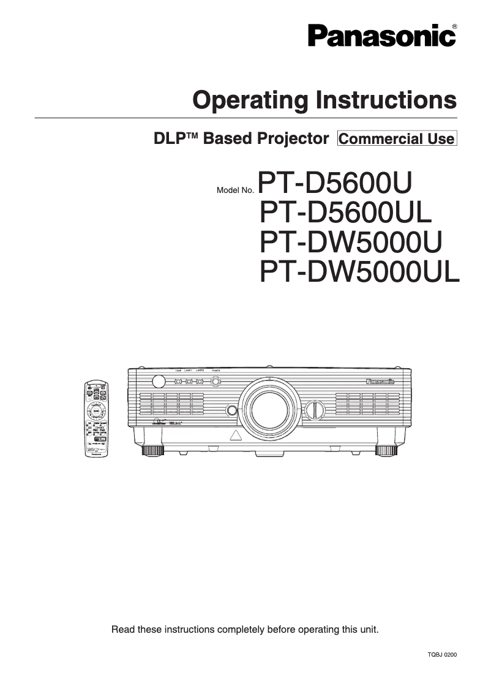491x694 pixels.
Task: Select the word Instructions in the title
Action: [386, 100]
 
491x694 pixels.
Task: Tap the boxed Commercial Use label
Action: [397, 138]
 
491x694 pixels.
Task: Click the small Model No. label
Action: [235, 190]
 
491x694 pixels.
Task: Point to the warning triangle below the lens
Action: [235, 437]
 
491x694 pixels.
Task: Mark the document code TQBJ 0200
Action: [442, 655]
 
